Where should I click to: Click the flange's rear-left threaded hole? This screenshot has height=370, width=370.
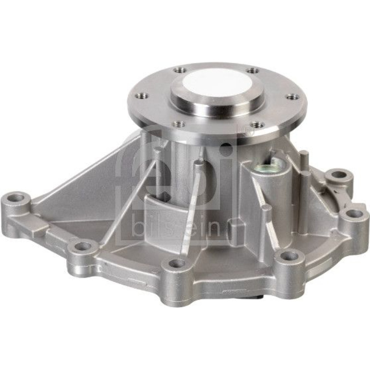(180, 70)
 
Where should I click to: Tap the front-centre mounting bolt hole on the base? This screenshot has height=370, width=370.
(175, 263)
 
